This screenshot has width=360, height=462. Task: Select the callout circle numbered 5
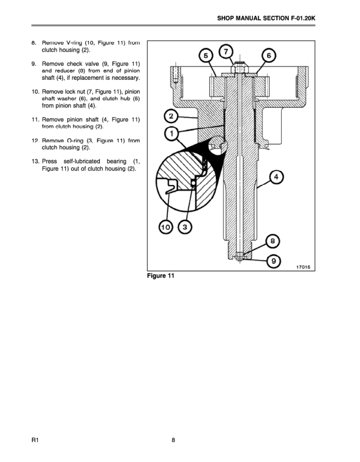205,55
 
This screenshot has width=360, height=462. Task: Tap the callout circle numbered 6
268,55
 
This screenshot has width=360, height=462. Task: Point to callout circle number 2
172,114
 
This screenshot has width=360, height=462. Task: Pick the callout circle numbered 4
276,176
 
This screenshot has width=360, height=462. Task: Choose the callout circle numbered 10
166,228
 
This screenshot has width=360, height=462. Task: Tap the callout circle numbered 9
273,260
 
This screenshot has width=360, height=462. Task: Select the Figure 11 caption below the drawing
160,276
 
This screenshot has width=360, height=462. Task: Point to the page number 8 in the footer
173,440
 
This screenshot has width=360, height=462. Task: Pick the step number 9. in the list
34,64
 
